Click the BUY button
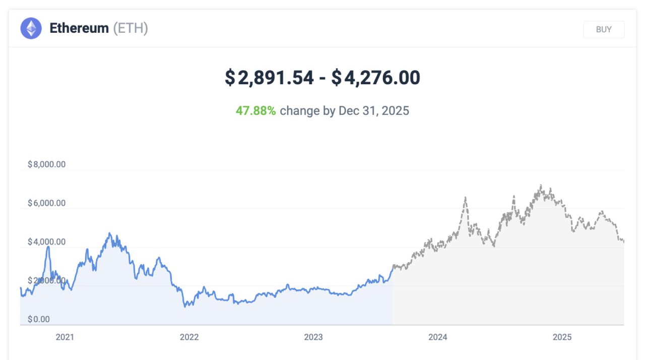[604, 29]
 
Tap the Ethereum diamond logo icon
[31, 28]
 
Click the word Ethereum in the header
[79, 28]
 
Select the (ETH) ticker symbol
[131, 28]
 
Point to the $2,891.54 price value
[269, 78]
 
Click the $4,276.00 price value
[375, 78]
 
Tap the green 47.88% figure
[255, 111]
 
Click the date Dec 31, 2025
[374, 111]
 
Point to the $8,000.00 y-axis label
[46, 164]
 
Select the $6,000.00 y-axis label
[46, 203]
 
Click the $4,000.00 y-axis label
[46, 242]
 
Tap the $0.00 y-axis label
[39, 319]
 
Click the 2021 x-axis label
[64, 337]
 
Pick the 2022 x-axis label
[189, 337]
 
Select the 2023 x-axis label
[313, 337]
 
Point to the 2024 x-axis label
[438, 337]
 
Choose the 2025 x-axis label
[562, 337]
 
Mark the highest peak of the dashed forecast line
[541, 186]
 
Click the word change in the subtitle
[300, 111]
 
